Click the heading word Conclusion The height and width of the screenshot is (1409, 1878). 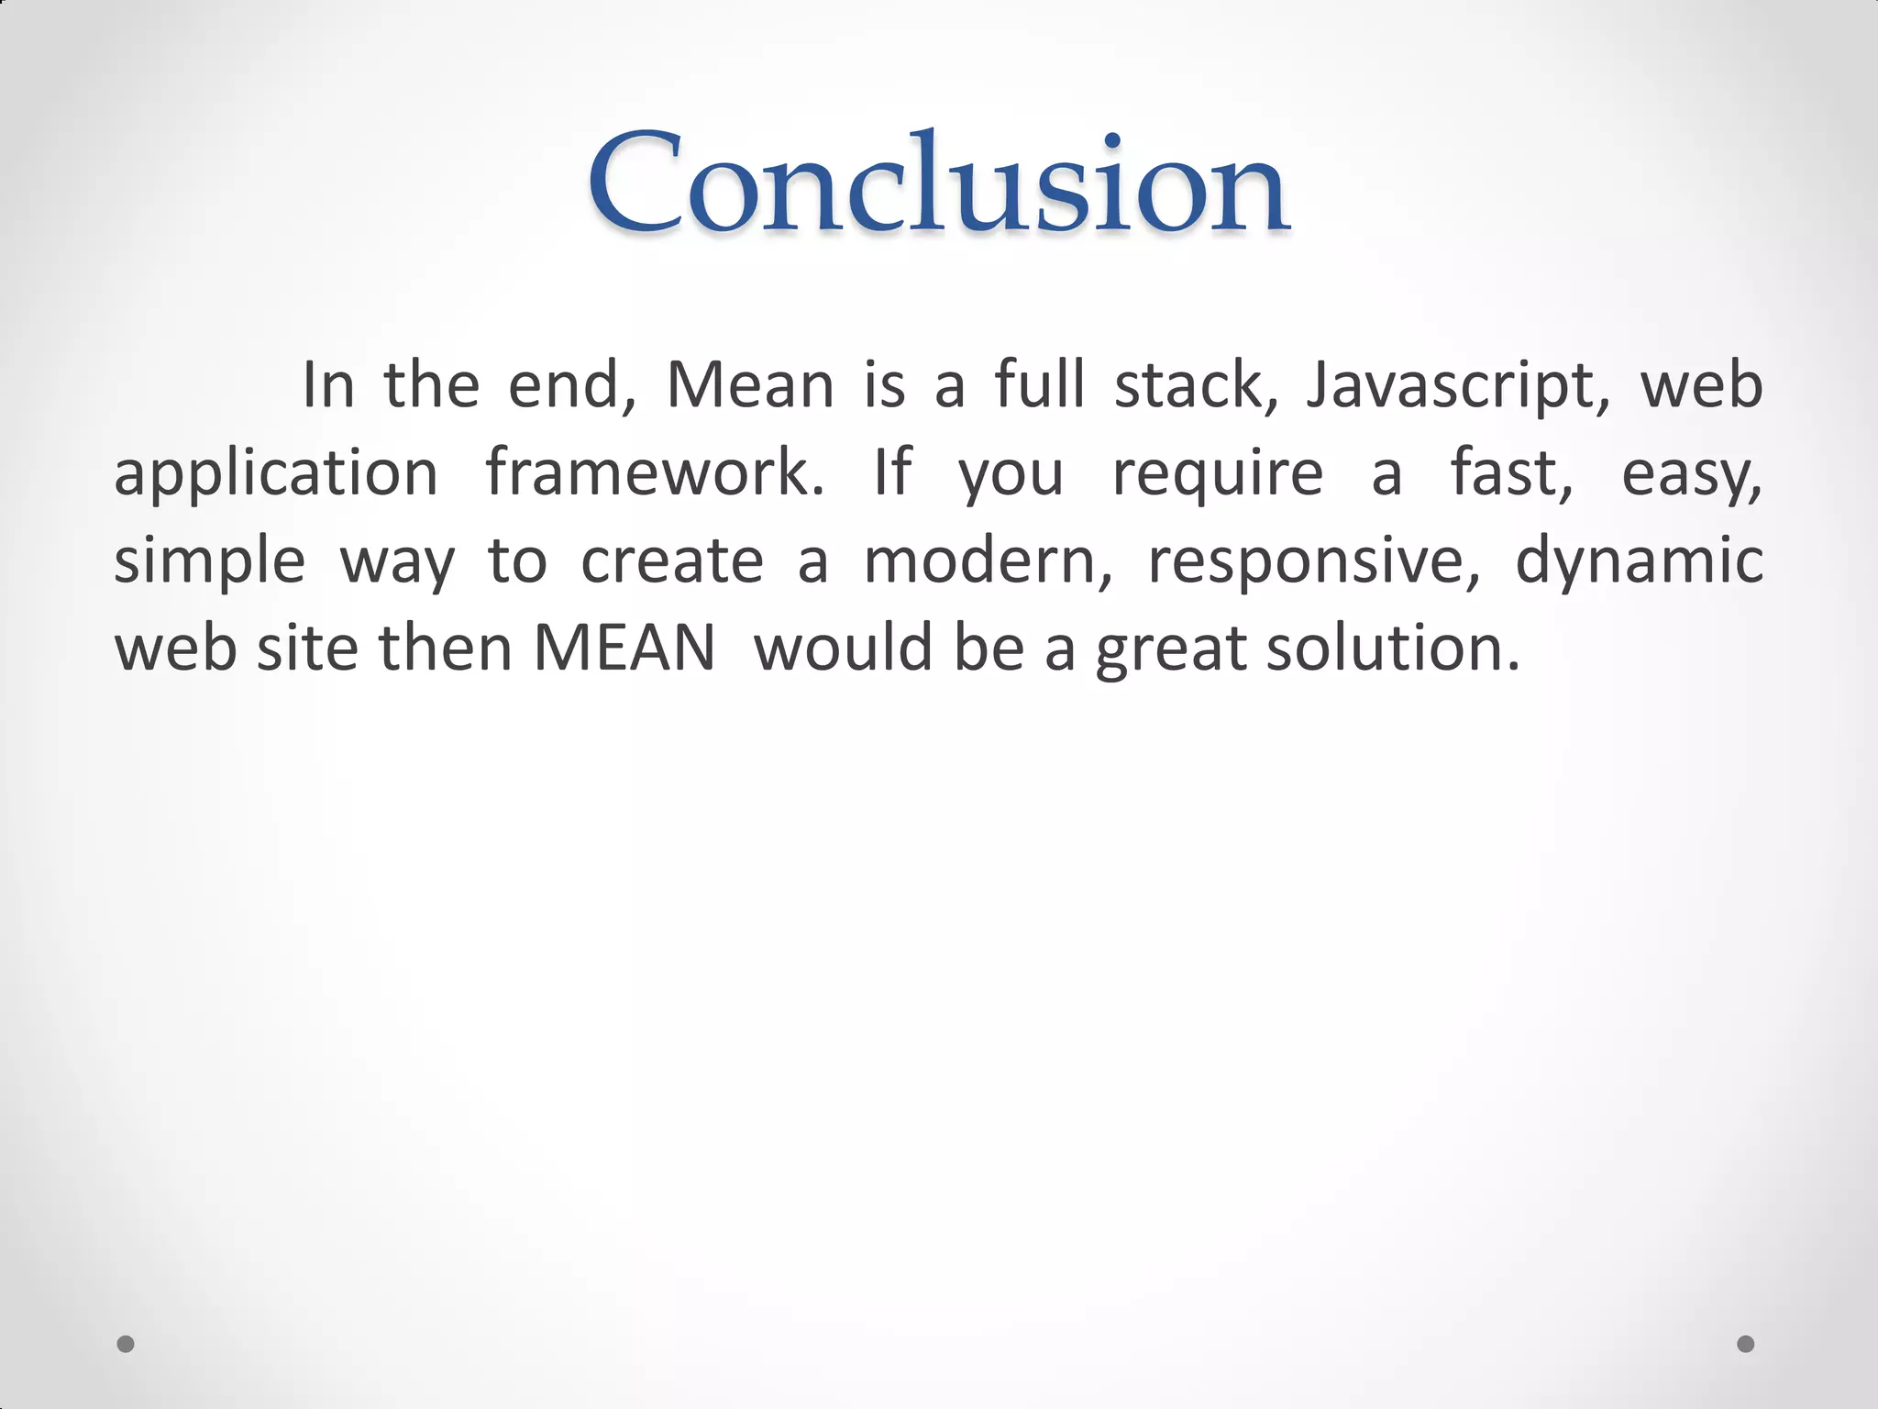939,183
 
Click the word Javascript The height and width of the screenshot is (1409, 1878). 1458,385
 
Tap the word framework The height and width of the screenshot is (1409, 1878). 655,473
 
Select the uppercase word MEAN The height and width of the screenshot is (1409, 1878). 624,649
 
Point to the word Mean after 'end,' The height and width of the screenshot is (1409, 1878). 750,385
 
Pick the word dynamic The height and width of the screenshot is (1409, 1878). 1639,561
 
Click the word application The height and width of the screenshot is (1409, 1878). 276,473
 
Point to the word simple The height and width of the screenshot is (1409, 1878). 209,561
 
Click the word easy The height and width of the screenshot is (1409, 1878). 1691,473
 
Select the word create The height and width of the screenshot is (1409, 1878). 672,561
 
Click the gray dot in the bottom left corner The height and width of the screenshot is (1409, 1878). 126,1344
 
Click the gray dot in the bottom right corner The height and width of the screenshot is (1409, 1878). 1746,1344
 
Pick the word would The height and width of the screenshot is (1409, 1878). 843,649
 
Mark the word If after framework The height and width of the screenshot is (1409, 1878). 892,473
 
